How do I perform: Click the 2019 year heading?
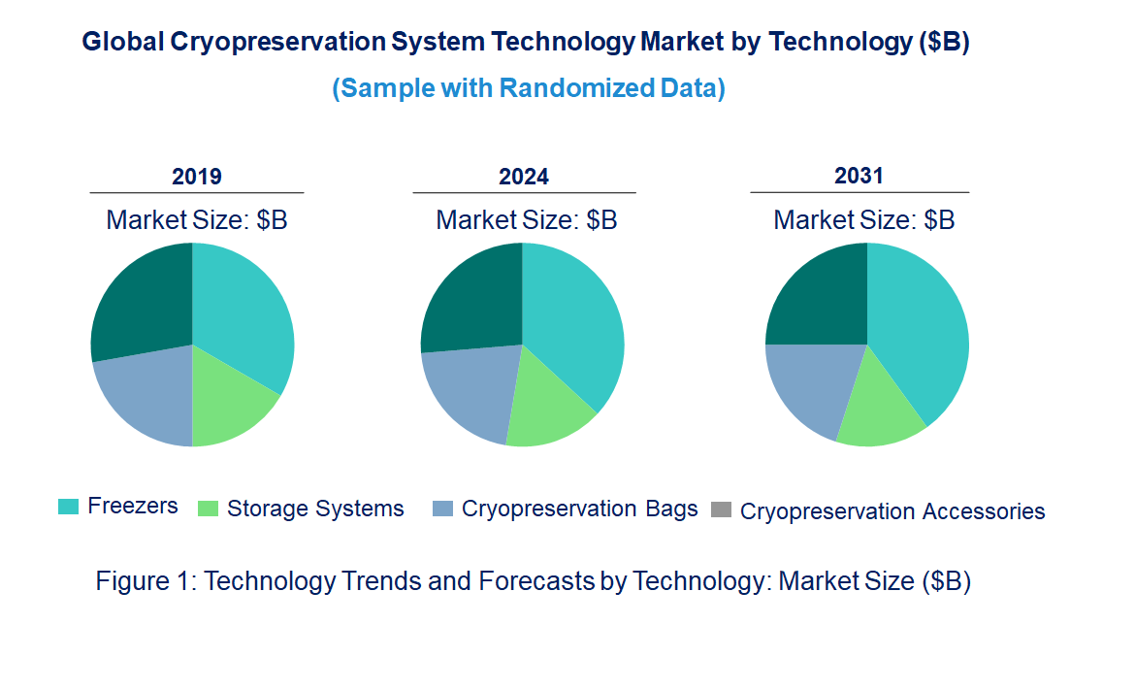197,177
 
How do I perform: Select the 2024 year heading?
524,177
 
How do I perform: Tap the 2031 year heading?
859,176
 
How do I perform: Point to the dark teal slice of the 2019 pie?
141,301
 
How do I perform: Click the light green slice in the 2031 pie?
878,408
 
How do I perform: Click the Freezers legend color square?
68,507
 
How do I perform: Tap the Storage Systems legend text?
315,509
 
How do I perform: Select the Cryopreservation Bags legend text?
579,509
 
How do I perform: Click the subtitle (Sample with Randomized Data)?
529,88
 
